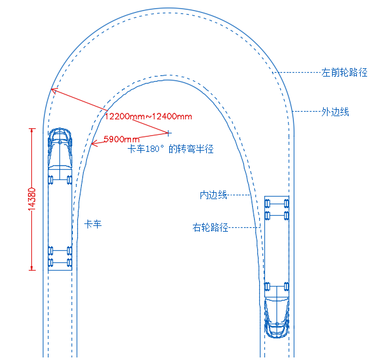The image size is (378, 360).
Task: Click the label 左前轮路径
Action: (344, 73)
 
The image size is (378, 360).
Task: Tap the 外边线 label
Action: (335, 112)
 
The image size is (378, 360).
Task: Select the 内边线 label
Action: (213, 195)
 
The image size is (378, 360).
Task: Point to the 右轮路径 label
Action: (211, 227)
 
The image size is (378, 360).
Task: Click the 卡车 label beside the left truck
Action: (93, 224)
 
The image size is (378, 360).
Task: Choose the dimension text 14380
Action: (32, 199)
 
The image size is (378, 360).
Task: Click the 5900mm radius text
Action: (121, 139)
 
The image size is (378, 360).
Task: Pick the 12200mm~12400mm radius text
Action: (149, 117)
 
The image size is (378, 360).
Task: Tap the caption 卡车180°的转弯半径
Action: (170, 149)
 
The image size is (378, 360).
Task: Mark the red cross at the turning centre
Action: (169, 133)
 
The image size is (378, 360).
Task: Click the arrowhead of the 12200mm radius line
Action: (54, 91)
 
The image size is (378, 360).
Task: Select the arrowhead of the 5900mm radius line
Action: (94, 144)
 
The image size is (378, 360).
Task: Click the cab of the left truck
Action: (60, 148)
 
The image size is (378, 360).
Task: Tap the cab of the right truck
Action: (276, 317)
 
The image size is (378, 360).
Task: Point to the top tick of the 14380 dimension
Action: (32, 129)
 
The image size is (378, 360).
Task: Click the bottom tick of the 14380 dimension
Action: (32, 270)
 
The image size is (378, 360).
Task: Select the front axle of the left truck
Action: (60, 180)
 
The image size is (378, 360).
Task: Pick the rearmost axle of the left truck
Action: (60, 262)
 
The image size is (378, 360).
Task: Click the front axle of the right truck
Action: (276, 287)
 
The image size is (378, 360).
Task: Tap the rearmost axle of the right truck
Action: (276, 204)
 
